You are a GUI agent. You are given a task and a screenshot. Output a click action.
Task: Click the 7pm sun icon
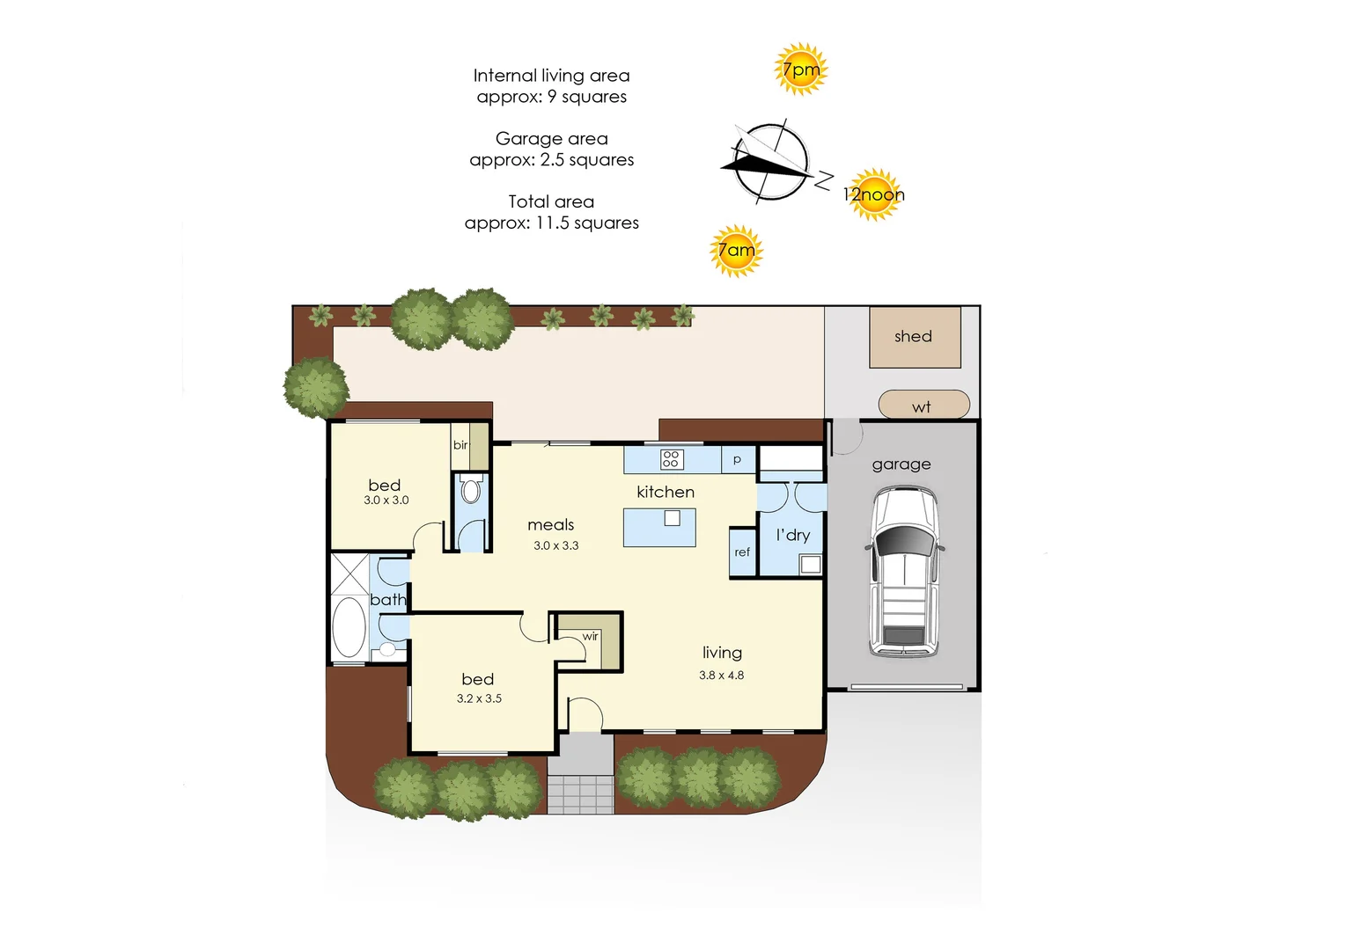click(x=800, y=69)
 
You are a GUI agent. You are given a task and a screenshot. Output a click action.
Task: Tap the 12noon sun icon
click(x=873, y=194)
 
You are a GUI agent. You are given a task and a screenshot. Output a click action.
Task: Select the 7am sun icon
click(x=736, y=251)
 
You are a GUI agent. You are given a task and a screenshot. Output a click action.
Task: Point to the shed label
click(x=913, y=336)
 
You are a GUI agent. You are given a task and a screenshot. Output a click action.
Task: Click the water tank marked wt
click(x=923, y=404)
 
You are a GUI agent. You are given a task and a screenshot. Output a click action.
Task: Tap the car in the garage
click(x=904, y=572)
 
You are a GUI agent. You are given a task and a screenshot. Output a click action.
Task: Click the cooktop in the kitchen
click(x=671, y=459)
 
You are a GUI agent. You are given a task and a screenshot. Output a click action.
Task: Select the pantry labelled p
click(x=739, y=460)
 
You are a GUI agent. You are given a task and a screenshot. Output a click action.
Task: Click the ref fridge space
click(x=743, y=552)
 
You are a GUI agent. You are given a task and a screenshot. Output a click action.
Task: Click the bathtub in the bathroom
click(x=349, y=627)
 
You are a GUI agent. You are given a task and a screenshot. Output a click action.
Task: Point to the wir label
click(x=590, y=637)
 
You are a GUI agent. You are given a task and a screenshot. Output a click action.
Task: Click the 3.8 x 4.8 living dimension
click(x=721, y=675)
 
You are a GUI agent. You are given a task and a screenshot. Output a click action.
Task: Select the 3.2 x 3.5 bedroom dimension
click(x=479, y=698)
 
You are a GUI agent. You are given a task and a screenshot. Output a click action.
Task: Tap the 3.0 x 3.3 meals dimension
click(x=555, y=546)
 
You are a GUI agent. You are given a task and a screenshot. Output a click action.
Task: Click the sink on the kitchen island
click(x=672, y=517)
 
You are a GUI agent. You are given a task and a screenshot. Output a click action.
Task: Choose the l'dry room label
click(x=793, y=535)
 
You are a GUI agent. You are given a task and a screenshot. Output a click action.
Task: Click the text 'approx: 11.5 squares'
click(x=552, y=223)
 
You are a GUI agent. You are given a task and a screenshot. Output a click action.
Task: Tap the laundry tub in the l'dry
click(x=810, y=565)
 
